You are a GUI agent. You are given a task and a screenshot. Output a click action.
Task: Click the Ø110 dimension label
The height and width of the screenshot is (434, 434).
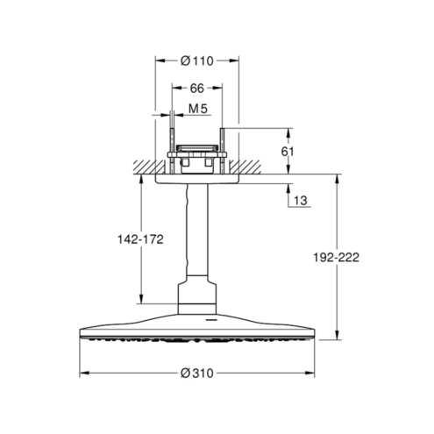197,61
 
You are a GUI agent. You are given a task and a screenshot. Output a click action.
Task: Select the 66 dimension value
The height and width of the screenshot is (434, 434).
196,89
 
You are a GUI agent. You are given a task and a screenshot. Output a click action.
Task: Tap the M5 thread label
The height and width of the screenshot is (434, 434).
198,109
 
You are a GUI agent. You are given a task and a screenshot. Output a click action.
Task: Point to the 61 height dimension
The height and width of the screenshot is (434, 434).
288,152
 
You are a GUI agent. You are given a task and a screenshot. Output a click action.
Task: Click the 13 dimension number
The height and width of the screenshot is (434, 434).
301,201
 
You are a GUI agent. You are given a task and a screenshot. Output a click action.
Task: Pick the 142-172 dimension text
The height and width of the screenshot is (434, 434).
140,239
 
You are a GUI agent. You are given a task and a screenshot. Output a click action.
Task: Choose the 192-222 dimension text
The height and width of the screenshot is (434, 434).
336,258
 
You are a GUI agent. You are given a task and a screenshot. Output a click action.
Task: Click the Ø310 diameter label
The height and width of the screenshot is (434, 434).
197,374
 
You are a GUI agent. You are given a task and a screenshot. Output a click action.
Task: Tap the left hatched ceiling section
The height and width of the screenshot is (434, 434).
148,167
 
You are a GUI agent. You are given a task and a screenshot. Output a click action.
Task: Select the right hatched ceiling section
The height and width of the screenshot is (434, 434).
245,167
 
